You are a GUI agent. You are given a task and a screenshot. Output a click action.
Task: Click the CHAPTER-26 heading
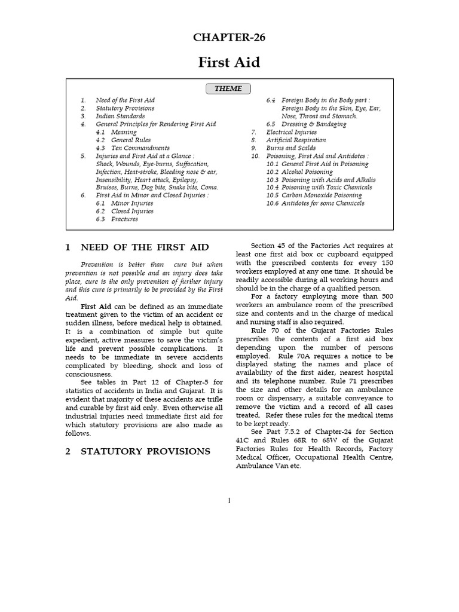(229, 38)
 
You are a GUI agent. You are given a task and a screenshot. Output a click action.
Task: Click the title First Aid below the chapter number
(229, 62)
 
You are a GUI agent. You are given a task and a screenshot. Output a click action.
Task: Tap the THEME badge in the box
(228, 89)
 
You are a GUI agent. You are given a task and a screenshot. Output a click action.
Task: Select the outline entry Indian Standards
(120, 116)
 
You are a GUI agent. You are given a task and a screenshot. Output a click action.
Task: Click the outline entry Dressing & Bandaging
(314, 124)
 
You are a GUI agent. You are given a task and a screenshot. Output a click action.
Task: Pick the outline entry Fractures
(124, 219)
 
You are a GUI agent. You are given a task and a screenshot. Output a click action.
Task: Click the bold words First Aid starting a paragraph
(94, 307)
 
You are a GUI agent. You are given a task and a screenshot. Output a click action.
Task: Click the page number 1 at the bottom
(229, 500)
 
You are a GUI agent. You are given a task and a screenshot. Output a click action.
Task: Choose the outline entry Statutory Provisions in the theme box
(125, 108)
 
